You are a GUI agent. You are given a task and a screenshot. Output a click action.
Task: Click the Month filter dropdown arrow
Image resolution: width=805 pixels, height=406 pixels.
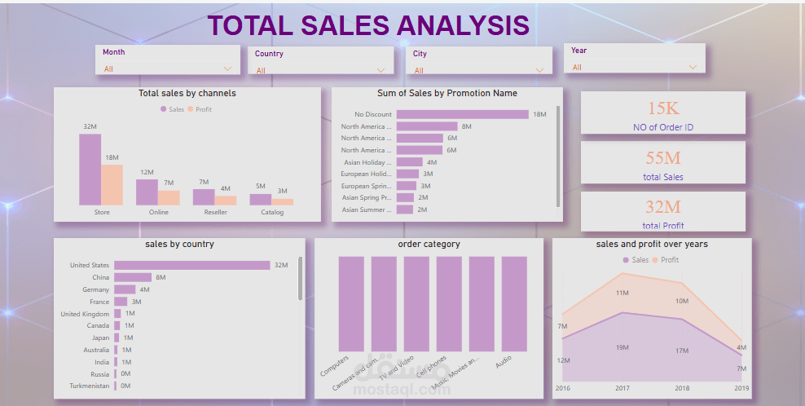tap(227, 69)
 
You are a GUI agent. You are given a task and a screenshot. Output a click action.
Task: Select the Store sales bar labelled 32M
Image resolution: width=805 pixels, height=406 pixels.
tap(90, 170)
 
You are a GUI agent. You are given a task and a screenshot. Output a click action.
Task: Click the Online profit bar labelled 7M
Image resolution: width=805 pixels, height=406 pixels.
tap(169, 197)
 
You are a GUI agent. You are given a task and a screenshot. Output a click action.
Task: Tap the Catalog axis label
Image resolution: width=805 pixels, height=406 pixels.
tap(272, 213)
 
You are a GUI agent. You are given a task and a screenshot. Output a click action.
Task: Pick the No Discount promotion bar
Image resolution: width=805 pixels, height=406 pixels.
tap(462, 114)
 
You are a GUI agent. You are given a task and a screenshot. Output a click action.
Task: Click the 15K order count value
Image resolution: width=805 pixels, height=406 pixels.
tap(663, 108)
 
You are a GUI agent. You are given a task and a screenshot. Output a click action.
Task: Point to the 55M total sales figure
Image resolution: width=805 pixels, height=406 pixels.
tap(663, 158)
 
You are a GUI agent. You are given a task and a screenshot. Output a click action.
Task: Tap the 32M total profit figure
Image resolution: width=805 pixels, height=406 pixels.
tap(663, 208)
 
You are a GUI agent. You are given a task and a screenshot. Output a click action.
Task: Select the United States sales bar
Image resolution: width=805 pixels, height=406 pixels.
tap(191, 265)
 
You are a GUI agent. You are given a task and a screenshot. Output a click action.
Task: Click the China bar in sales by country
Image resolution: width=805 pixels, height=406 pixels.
tap(132, 277)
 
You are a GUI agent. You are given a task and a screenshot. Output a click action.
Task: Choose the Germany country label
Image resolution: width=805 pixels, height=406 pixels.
tap(95, 289)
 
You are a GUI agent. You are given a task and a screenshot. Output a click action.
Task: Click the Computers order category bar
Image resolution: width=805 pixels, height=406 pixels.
tap(351, 302)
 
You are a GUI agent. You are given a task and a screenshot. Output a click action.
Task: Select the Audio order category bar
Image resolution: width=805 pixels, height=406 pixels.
tap(514, 302)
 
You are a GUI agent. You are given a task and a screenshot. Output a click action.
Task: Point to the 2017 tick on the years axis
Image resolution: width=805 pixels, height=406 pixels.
tap(622, 388)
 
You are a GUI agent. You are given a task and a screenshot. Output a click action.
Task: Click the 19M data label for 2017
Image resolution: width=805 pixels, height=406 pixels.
tap(622, 347)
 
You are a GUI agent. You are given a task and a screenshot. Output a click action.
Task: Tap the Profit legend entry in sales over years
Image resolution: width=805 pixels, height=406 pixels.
tap(669, 260)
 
